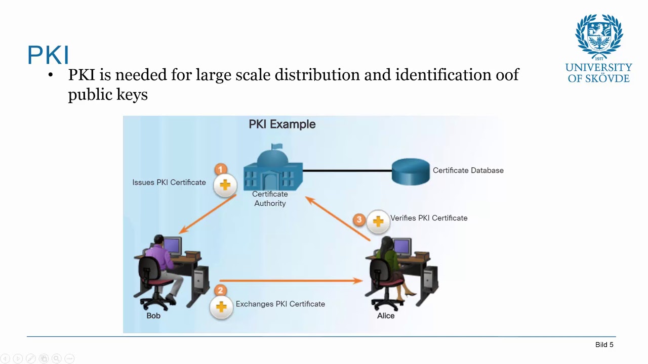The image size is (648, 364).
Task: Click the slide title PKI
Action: (x=48, y=55)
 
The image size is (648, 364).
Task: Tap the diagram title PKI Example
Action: (x=282, y=124)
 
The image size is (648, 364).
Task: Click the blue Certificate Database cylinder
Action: (x=411, y=171)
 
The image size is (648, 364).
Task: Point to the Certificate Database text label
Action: (x=468, y=170)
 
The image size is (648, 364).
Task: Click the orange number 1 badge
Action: (x=221, y=169)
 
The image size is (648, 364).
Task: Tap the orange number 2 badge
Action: (x=220, y=290)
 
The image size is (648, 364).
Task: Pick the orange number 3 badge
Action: (x=359, y=219)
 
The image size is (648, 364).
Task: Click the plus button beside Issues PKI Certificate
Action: (x=225, y=185)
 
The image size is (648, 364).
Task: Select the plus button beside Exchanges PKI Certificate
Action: (x=221, y=307)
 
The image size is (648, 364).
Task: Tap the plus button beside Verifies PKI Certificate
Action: (x=378, y=221)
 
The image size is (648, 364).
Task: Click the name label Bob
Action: (x=153, y=315)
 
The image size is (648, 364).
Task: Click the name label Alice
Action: (x=386, y=315)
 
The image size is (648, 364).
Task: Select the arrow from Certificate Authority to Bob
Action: (x=208, y=213)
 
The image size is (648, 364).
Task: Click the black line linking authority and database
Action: (x=347, y=171)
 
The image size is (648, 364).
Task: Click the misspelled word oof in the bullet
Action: (x=506, y=75)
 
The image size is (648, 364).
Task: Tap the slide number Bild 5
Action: (x=604, y=345)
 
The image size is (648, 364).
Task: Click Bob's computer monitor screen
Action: (x=172, y=246)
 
